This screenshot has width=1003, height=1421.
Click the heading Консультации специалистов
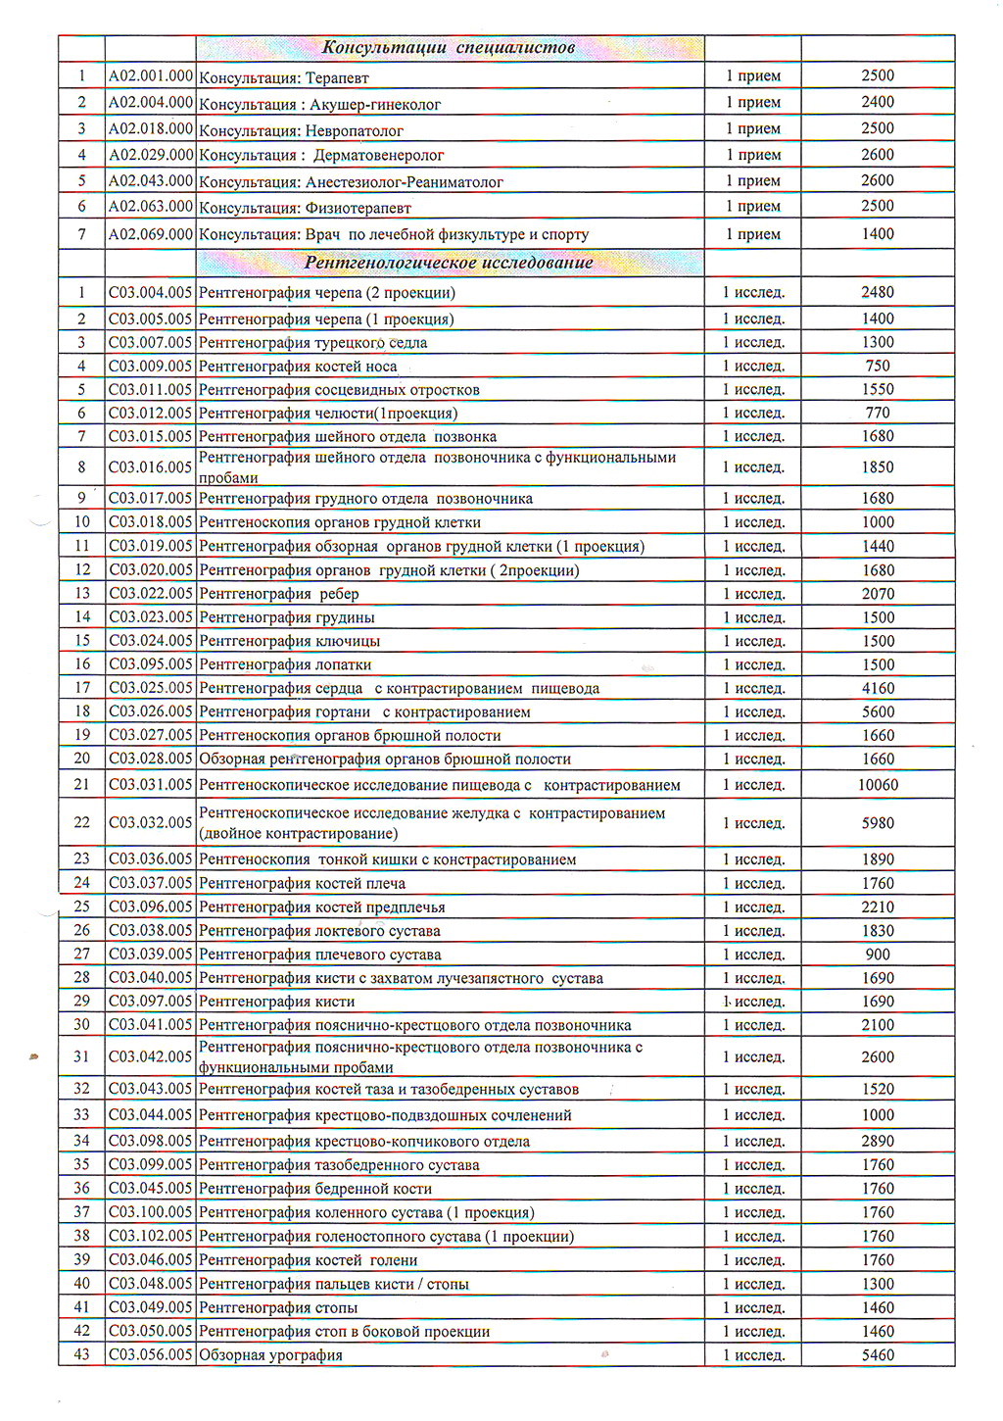449,48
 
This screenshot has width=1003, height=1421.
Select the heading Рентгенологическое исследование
449,263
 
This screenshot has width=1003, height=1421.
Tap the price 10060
878,785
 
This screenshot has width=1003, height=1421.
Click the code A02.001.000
151,75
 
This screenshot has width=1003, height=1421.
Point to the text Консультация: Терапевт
283,78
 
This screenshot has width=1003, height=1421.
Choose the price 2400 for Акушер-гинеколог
878,102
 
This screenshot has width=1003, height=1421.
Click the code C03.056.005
151,1354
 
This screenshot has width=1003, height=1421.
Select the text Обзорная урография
270,1355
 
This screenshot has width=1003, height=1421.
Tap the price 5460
878,1355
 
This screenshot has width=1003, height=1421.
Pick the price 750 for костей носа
878,366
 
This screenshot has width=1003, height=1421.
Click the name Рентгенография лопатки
285,664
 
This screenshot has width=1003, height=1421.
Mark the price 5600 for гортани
878,712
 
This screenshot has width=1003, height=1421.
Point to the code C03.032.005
151,822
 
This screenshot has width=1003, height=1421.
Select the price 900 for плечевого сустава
878,955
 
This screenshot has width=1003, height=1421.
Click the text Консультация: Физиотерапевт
305,208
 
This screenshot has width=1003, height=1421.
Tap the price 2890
878,1141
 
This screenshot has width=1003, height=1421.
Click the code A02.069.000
151,234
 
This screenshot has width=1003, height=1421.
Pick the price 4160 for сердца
878,688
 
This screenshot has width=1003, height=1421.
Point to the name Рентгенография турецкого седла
312,343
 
